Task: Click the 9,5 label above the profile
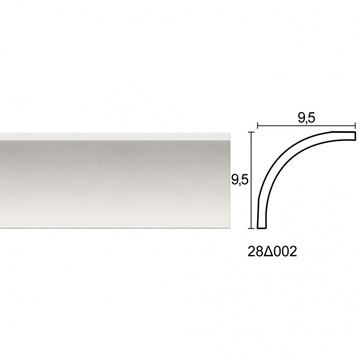point(307,118)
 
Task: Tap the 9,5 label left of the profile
point(240,180)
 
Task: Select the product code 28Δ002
point(272,252)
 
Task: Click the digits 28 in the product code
point(255,252)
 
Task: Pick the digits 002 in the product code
point(285,252)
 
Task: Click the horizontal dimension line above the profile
point(307,126)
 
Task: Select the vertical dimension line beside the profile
point(252,180)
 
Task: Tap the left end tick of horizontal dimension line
point(257,126)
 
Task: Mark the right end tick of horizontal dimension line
point(356,126)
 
